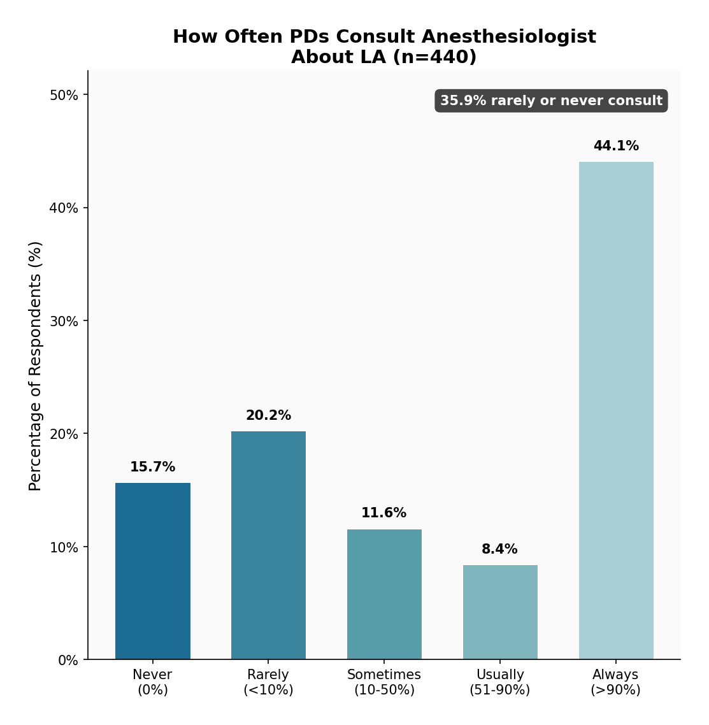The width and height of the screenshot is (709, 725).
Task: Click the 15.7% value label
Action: coord(153,467)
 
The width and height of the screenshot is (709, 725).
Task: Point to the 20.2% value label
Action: coord(268,415)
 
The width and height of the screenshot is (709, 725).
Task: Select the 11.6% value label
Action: coord(384,513)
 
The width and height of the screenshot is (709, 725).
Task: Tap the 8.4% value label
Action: coord(500,549)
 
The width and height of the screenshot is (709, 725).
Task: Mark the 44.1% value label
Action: coord(616,146)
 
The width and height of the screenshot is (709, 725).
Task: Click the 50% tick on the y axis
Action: coord(64,95)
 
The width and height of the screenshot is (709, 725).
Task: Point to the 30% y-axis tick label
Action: coord(64,321)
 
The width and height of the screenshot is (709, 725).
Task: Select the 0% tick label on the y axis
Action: coord(68,661)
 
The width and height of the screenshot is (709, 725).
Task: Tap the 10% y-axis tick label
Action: coord(64,547)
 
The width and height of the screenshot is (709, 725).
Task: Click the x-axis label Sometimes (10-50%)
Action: coord(384,682)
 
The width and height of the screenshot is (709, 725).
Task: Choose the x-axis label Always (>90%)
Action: coord(616,682)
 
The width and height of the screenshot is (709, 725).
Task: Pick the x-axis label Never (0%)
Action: coord(153,682)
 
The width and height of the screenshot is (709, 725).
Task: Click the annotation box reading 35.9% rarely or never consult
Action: coord(551,101)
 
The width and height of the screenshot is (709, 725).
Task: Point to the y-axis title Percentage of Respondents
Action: coord(36,366)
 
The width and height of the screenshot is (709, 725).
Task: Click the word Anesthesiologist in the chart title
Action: coord(509,37)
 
